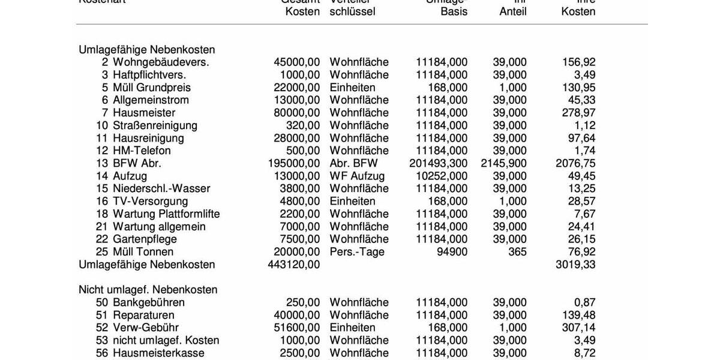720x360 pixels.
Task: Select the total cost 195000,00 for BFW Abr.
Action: click(294, 163)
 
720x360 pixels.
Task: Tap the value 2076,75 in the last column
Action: click(576, 163)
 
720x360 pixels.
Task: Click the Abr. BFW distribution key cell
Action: click(354, 163)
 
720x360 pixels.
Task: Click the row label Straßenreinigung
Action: click(155, 125)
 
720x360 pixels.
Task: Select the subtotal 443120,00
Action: click(294, 264)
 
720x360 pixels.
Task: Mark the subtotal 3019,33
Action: click(576, 264)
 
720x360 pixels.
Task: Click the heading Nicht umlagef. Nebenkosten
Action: click(148, 289)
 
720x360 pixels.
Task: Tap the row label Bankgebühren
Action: click(149, 302)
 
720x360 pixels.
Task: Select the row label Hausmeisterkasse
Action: click(158, 353)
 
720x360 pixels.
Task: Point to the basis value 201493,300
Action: click(438, 163)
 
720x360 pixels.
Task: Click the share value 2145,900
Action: click(504, 163)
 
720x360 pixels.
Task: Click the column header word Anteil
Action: click(513, 11)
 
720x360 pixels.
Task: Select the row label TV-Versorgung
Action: click(150, 201)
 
